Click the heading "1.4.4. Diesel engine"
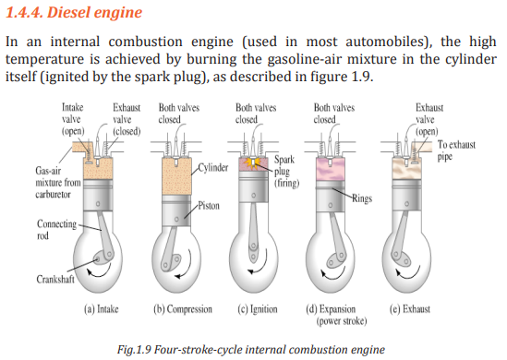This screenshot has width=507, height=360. click(74, 12)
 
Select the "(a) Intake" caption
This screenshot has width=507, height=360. click(102, 309)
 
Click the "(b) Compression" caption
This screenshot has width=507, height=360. click(183, 309)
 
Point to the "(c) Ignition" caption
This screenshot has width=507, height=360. click(258, 309)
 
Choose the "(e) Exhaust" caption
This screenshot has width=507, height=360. click(410, 309)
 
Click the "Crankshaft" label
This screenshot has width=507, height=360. click(55, 279)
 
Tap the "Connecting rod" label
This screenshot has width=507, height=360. click(57, 230)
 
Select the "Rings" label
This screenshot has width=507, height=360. click(362, 198)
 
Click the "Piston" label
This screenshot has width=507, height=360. click(209, 206)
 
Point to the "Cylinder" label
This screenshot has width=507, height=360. click(213, 167)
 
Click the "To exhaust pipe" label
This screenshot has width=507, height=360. click(456, 150)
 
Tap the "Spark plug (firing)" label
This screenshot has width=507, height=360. click(286, 171)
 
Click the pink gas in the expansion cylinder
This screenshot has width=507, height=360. click(330, 169)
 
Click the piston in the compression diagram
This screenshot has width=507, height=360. click(176, 210)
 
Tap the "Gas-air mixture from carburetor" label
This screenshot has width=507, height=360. click(58, 183)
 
